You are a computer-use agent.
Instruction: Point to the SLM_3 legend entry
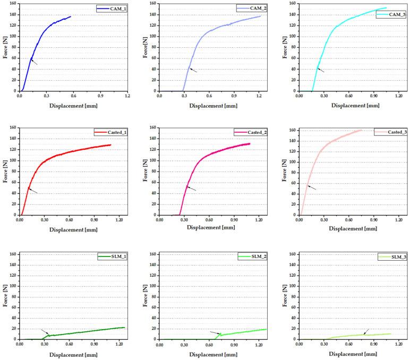[x=389, y=257]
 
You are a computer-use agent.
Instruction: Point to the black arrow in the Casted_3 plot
[x=312, y=187]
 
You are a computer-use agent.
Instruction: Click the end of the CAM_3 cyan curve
[x=386, y=8]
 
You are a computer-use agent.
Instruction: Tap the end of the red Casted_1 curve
[x=111, y=144]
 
